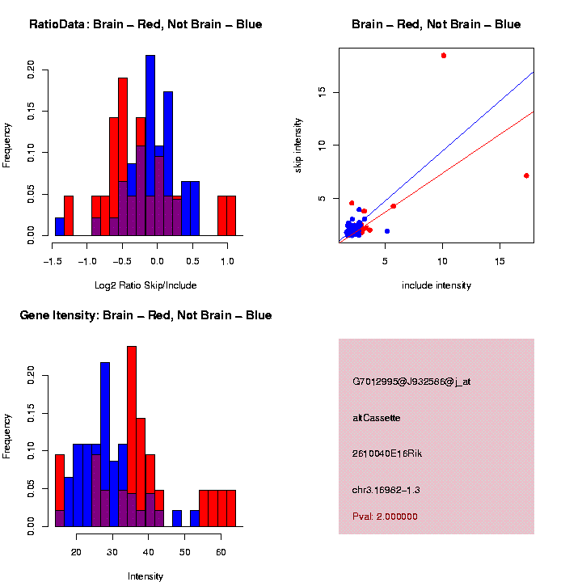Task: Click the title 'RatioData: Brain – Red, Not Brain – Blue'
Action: (x=145, y=24)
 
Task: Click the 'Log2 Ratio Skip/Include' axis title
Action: (x=145, y=285)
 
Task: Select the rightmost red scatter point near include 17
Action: (x=526, y=175)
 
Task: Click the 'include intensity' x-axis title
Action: (x=436, y=285)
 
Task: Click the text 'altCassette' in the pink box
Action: (x=377, y=418)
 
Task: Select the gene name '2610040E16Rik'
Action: (x=387, y=453)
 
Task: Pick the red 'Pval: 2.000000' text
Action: (x=386, y=517)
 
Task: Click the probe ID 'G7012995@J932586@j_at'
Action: (x=411, y=382)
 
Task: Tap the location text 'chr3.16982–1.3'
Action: (x=386, y=490)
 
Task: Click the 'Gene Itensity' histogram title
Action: (x=145, y=315)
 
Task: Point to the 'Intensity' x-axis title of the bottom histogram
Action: (x=145, y=576)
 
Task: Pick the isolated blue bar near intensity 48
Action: (x=177, y=518)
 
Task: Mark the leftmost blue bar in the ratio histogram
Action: (x=60, y=227)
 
